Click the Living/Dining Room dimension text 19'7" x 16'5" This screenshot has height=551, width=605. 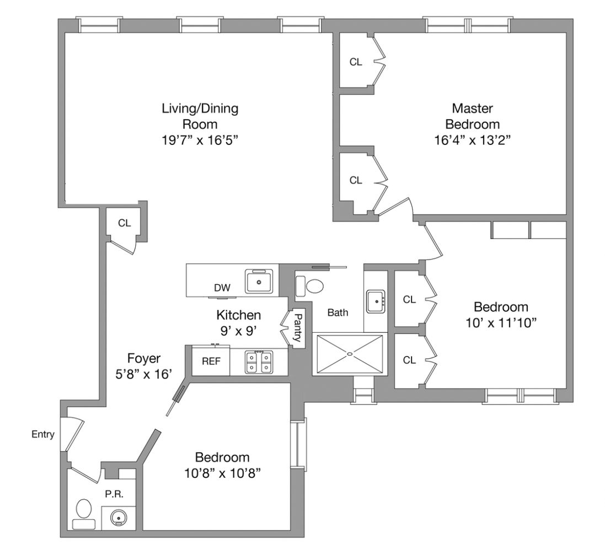200,140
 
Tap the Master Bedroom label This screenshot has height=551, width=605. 472,116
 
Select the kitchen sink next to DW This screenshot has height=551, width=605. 260,282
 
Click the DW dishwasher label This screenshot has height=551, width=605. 222,288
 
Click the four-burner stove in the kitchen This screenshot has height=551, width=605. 258,362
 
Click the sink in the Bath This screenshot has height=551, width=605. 377,301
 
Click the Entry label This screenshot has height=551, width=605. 42,435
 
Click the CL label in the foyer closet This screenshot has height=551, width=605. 124,223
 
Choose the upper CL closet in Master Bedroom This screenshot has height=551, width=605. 356,62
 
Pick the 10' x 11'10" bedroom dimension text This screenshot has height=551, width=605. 501,322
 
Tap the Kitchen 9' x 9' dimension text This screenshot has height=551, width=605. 238,331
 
